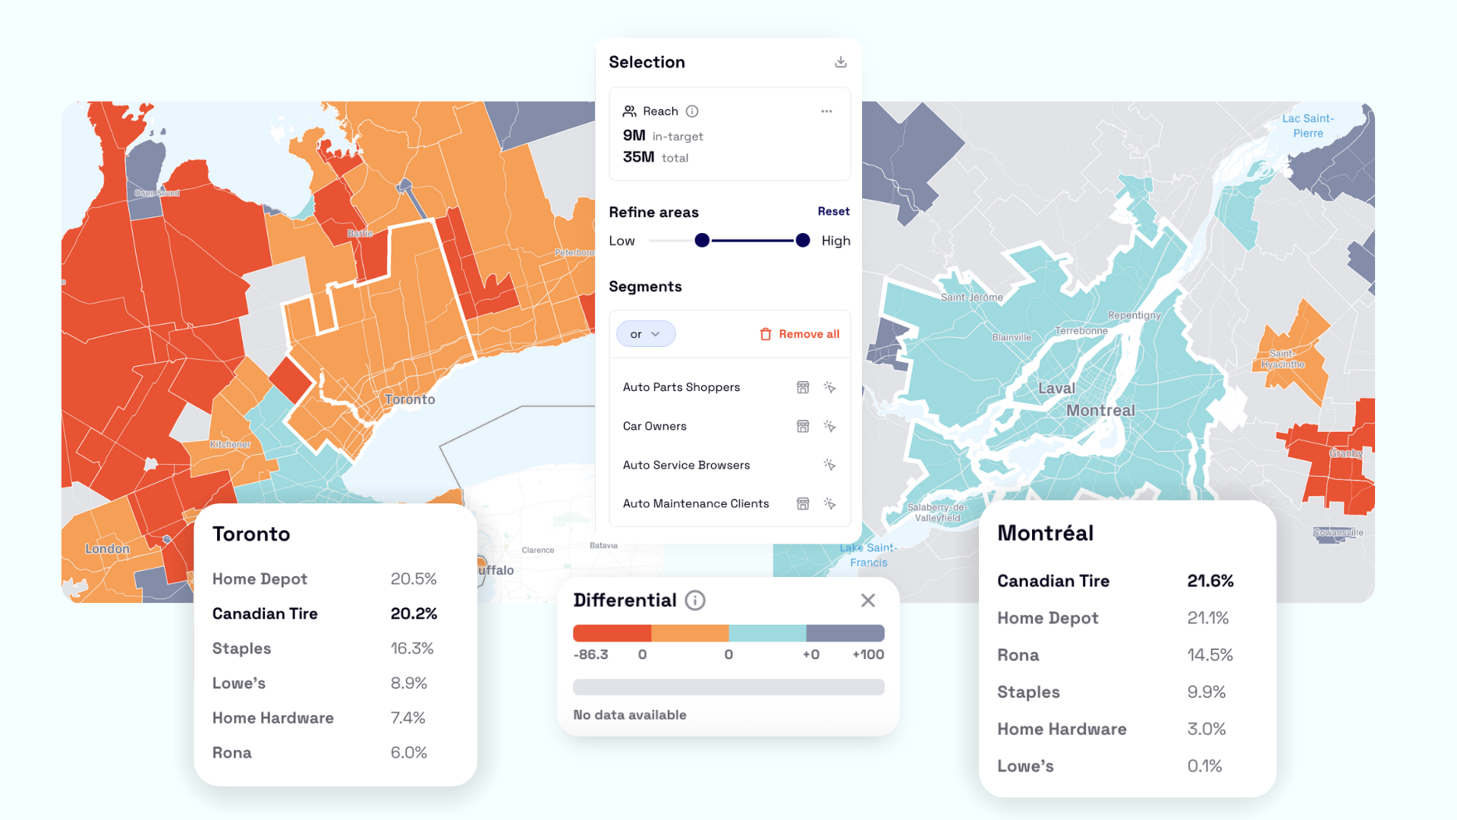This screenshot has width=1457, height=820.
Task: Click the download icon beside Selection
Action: (840, 62)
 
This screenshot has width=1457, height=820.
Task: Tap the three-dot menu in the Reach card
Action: (826, 112)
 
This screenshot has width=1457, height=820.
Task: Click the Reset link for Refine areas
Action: (833, 212)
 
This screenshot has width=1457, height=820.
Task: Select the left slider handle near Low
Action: (702, 241)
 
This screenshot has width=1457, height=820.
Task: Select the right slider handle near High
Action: (803, 241)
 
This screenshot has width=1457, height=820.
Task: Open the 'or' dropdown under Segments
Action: (645, 334)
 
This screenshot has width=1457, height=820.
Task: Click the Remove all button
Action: (800, 334)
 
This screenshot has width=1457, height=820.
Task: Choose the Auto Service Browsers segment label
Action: (686, 465)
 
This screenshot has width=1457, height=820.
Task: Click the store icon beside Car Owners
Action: (803, 427)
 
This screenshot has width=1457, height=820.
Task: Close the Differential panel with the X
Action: (868, 601)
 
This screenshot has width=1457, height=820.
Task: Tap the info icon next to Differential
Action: (695, 601)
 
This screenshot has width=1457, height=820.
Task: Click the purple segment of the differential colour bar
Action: (845, 633)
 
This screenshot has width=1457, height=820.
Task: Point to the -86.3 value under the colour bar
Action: (590, 654)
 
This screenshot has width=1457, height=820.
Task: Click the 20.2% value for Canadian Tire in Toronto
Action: (414, 613)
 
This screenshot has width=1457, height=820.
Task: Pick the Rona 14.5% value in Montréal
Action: (1210, 655)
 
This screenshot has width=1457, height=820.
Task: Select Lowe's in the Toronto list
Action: (239, 683)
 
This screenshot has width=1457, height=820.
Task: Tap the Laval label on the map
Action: (1056, 389)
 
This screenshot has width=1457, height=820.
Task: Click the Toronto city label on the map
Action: (410, 399)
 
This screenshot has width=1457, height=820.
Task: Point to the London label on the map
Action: (107, 549)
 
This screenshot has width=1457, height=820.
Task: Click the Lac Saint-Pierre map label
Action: (1308, 126)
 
